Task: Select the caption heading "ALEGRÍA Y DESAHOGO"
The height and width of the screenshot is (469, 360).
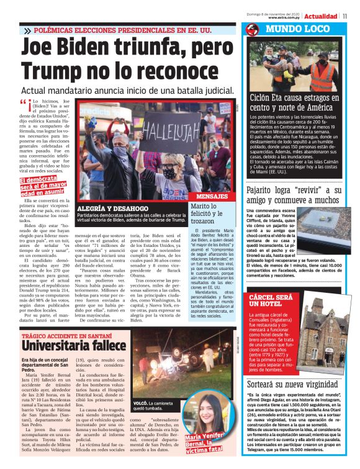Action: click(x=112, y=208)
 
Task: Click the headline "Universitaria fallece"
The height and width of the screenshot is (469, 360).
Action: click(x=65, y=342)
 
